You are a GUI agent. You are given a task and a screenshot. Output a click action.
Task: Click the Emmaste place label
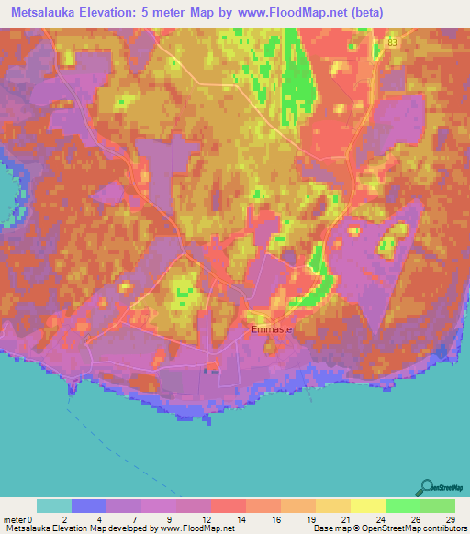click(271, 327)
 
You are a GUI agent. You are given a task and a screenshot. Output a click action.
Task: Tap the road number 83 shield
click(393, 43)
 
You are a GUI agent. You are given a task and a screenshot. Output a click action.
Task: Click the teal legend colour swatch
click(54, 506)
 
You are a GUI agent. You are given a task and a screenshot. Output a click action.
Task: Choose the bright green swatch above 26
click(403, 506)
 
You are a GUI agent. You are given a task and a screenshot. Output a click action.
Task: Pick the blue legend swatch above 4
click(89, 506)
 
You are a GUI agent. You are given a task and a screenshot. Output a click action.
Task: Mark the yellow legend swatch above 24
click(368, 506)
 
